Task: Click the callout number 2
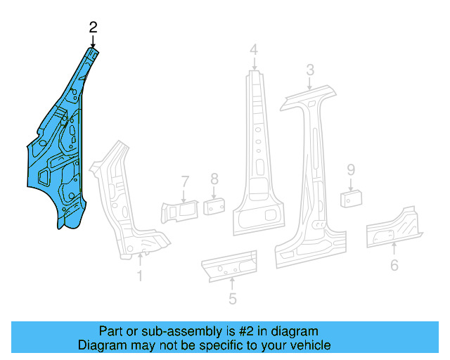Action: [93, 27]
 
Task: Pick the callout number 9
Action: [350, 169]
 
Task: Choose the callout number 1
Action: [139, 276]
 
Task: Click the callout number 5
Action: [232, 299]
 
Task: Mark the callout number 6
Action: [394, 265]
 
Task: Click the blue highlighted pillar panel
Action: [60, 155]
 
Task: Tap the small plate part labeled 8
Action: [214, 206]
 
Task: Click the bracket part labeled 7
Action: [181, 210]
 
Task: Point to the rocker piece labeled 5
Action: [229, 265]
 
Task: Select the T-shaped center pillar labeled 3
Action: [309, 176]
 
